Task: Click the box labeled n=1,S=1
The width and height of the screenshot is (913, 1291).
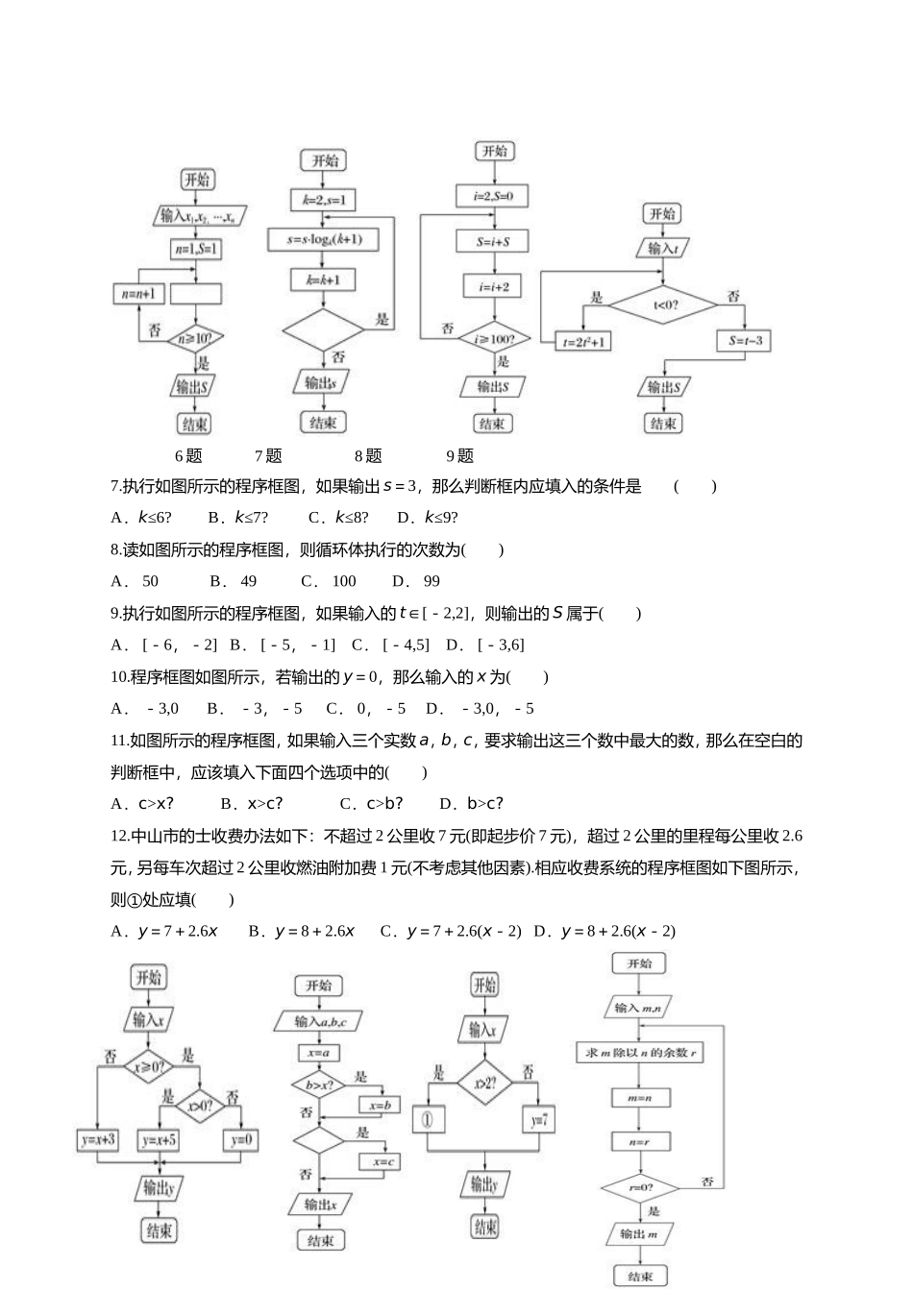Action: point(195,250)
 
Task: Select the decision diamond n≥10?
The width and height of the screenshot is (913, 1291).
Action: point(195,338)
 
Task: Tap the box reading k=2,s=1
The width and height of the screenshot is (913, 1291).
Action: point(323,201)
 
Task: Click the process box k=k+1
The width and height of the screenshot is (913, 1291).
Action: point(323,280)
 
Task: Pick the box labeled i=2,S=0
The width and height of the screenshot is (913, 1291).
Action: point(493,197)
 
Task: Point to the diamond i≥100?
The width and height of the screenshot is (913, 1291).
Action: point(494,338)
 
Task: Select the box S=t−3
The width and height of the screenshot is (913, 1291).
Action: point(745,341)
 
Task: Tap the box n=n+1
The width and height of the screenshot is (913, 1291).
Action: point(140,294)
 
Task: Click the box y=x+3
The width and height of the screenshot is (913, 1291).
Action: point(99,1140)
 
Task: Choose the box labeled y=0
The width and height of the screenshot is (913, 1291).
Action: point(240,1140)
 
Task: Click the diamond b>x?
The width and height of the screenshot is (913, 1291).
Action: point(318,1085)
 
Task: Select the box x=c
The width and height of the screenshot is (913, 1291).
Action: point(379,1161)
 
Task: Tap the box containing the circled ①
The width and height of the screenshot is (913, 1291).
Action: point(429,1120)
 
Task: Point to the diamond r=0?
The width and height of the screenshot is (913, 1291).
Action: point(640,1188)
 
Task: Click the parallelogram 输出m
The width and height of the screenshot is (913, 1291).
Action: point(640,1234)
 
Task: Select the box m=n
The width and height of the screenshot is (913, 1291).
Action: point(640,1097)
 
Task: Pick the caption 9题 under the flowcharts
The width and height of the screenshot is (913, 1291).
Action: point(459,456)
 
